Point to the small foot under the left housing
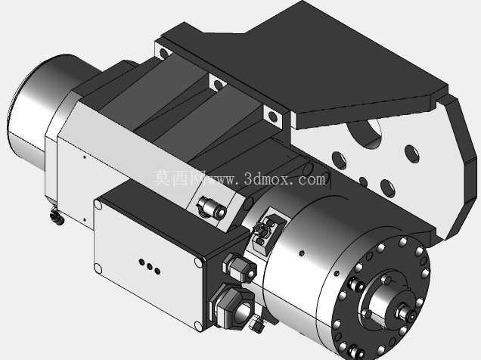(57, 216)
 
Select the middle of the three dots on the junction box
(150, 266)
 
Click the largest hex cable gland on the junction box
(234, 306)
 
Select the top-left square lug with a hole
(163, 53)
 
